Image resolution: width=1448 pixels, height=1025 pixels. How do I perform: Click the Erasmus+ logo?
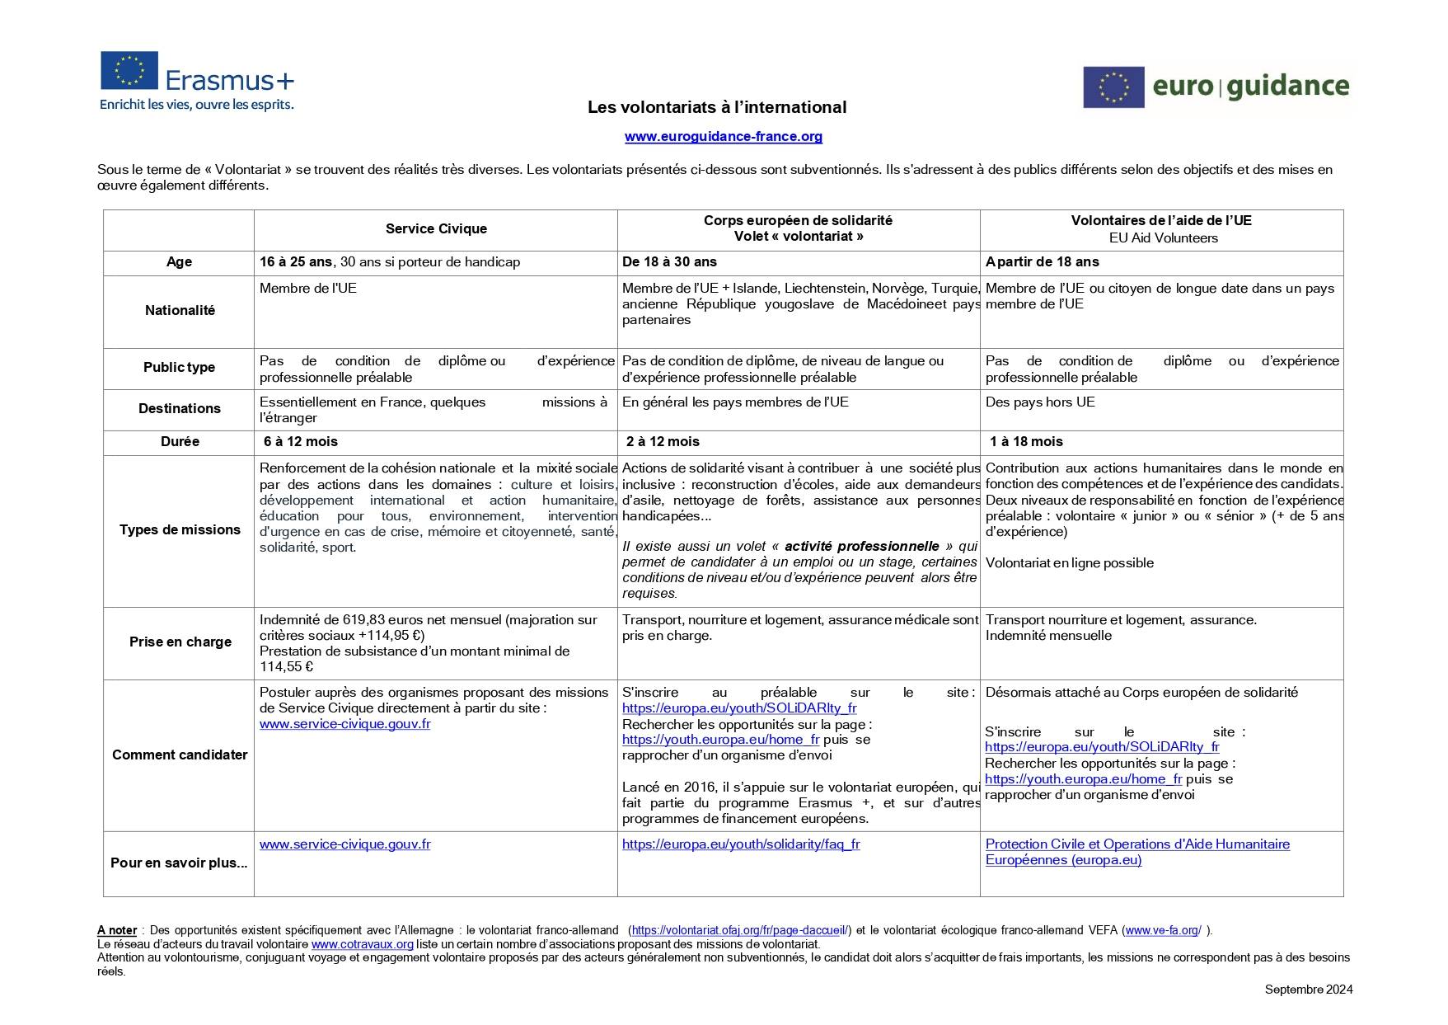click(197, 80)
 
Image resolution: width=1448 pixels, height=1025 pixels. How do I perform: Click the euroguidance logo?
click(1216, 87)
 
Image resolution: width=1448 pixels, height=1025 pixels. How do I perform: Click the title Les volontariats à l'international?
click(716, 107)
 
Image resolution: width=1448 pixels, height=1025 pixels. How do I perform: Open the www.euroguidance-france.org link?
click(723, 136)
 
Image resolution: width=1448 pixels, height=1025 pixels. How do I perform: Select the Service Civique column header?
click(436, 229)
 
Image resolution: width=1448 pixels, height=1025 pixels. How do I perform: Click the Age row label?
click(179, 262)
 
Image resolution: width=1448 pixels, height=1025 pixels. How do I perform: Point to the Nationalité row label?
click(180, 311)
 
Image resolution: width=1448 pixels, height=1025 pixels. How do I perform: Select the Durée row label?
click(180, 442)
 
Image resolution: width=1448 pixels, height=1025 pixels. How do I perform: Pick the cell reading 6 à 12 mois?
click(301, 442)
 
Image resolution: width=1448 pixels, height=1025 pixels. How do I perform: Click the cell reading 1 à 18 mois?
click(1026, 442)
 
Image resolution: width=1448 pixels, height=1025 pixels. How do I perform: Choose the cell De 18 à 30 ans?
click(669, 262)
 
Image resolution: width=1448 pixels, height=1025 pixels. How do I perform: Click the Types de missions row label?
click(180, 530)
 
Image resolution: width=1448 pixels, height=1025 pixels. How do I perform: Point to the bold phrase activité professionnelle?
click(861, 546)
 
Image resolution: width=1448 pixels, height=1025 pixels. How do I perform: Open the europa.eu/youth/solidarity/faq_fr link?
click(741, 844)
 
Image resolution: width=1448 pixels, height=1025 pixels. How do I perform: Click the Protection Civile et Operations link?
click(1137, 844)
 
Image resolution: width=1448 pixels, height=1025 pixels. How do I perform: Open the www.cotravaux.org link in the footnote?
click(362, 944)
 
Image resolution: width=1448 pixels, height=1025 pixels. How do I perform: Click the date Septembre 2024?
click(1308, 990)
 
